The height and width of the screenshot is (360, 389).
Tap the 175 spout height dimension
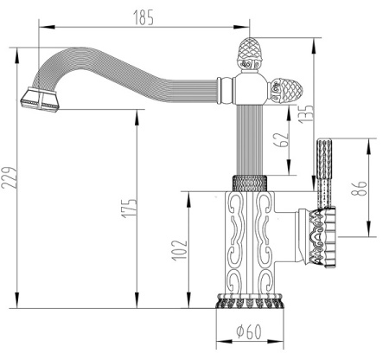[x=129, y=208]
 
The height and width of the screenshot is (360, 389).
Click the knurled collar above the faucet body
[x=252, y=183]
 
